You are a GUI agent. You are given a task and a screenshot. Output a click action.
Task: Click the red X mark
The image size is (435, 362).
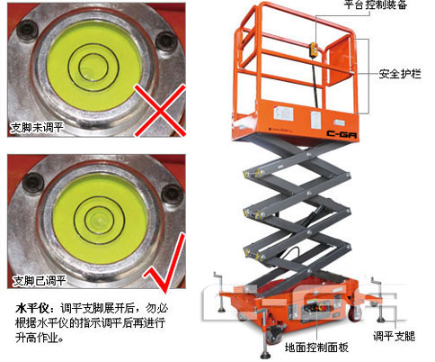point(160,111)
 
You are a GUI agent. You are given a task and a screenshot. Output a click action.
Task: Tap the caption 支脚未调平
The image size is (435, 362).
point(37,128)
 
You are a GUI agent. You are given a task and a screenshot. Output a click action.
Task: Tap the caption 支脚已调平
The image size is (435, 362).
point(39,281)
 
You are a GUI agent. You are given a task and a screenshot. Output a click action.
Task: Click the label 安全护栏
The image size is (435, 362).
point(400,74)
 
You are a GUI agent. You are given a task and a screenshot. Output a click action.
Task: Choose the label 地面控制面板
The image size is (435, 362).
point(316,348)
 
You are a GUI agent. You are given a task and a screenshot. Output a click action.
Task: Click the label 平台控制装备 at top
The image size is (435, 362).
point(375,5)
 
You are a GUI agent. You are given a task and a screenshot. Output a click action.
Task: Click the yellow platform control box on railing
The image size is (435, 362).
point(315,50)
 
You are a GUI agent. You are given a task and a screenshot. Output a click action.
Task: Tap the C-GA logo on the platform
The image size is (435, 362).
point(342,133)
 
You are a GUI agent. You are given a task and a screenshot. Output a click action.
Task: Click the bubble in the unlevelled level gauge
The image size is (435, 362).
point(88,73)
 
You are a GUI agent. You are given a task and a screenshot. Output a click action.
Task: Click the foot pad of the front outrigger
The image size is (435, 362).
point(265,356)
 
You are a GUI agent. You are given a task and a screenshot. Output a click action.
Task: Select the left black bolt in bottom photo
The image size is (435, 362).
point(33,182)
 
